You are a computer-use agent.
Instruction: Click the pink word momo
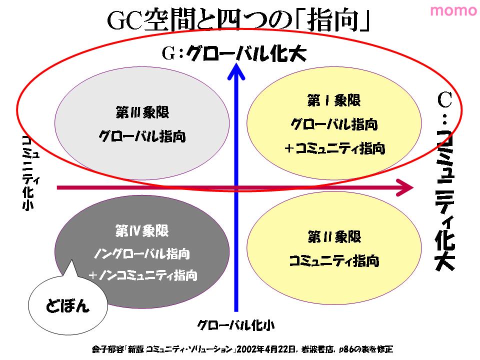tap(453, 10)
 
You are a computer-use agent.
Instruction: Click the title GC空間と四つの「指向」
tap(238, 20)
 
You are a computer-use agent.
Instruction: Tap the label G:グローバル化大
tap(234, 53)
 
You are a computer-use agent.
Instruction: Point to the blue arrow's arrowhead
tap(236, 71)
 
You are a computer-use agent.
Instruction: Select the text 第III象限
tap(142, 112)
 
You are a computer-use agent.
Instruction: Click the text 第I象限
tap(334, 100)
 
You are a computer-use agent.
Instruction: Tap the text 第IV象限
tap(142, 230)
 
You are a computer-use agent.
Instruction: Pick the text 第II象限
tap(334, 237)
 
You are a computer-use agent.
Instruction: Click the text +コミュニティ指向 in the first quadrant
tap(334, 148)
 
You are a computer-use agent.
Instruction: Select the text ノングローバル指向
tap(142, 254)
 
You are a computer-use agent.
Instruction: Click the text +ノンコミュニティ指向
tap(142, 275)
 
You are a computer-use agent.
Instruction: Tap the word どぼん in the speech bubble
tap(67, 305)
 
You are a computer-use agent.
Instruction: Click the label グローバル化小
tap(235, 325)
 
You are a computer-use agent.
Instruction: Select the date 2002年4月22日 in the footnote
tap(266, 349)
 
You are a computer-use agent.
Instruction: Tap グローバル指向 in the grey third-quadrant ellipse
tap(142, 136)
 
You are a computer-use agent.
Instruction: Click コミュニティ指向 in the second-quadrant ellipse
tap(334, 261)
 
